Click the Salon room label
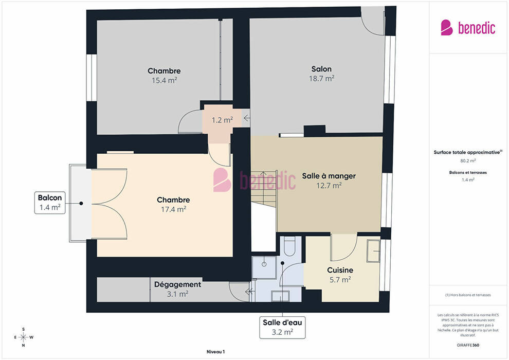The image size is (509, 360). (321, 69)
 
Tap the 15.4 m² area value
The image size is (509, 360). (164, 80)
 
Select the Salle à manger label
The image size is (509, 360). (329, 176)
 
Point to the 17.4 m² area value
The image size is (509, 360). (173, 209)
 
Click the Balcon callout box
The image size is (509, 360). (50, 203)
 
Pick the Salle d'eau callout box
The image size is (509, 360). (282, 328)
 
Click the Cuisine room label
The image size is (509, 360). (340, 270)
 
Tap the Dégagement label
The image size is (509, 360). (177, 285)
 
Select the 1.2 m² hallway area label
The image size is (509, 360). (222, 120)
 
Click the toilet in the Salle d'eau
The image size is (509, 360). (288, 246)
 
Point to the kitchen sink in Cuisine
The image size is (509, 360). (373, 251)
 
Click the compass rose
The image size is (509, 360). (23, 337)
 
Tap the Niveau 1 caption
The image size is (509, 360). (215, 352)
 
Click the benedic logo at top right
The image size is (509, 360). (468, 28)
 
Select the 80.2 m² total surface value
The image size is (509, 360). (468, 160)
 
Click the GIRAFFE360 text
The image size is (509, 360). (468, 345)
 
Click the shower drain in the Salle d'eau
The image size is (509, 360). (264, 264)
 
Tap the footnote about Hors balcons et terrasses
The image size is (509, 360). (468, 295)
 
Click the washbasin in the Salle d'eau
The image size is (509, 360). (280, 296)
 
